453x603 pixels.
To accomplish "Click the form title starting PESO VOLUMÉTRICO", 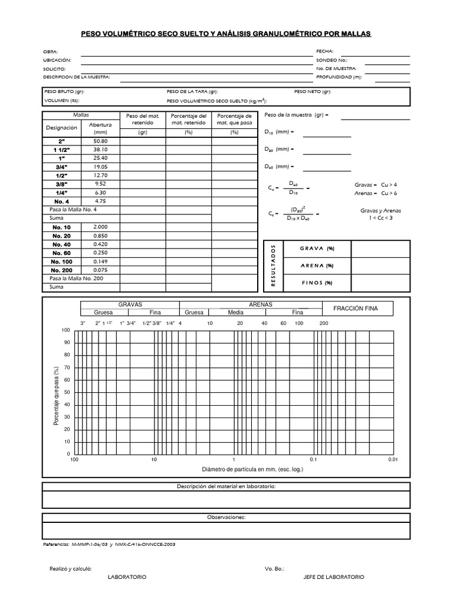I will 226,34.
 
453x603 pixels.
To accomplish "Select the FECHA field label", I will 325,52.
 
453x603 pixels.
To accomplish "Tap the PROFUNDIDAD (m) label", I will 339,77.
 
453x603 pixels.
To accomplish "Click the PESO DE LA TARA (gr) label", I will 192,92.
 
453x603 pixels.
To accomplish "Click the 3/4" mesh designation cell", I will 62,167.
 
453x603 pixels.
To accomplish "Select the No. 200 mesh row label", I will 62,270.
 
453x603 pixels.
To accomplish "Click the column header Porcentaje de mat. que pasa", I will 234,120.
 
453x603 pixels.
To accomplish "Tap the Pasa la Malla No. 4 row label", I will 73,210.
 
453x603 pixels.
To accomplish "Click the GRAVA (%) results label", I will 317,249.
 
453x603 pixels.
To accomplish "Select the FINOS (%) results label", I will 317,283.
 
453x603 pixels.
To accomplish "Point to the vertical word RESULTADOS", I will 273,266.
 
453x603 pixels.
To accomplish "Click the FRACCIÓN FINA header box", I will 355,309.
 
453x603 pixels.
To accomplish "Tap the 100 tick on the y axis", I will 66,330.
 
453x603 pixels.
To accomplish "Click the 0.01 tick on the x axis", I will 393,459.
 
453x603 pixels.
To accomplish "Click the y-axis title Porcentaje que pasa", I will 57,395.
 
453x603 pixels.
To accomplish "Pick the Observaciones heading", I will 226,517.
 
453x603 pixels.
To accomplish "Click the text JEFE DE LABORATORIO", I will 333,577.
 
